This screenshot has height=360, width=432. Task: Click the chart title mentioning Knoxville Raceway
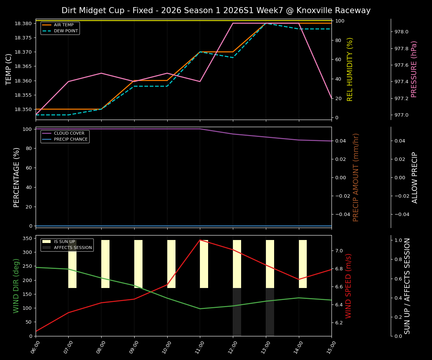pyautogui.click(x=216, y=10)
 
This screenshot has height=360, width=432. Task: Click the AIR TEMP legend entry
pyautogui.click(x=64, y=25)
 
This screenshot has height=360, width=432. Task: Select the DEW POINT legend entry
pyautogui.click(x=66, y=31)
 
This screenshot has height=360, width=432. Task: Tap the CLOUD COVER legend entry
pyautogui.click(x=69, y=133)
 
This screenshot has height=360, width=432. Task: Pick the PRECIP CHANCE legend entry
pyautogui.click(x=70, y=139)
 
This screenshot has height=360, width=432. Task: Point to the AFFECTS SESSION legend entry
pyautogui.click(x=73, y=247)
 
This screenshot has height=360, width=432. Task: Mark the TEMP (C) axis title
pyautogui.click(x=9, y=69)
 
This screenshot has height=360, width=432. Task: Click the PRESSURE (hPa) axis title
pyautogui.click(x=414, y=69)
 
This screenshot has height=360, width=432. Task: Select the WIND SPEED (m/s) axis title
pyautogui.click(x=349, y=286)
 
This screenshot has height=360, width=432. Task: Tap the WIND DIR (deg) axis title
pyautogui.click(x=16, y=286)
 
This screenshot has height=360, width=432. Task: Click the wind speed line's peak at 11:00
pyautogui.click(x=200, y=240)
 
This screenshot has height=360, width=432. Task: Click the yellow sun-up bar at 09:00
pyautogui.click(x=138, y=264)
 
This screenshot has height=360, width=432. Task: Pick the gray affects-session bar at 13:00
pyautogui.click(x=270, y=312)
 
